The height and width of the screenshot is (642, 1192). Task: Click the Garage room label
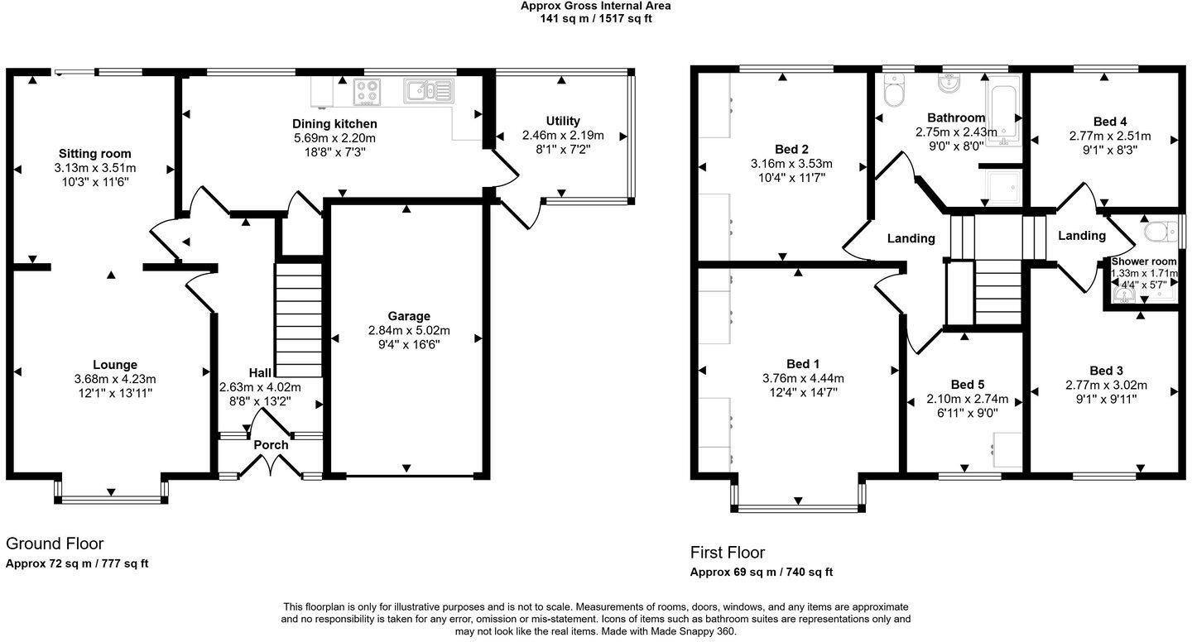click(x=409, y=316)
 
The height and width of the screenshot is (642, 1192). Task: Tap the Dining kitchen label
click(x=334, y=124)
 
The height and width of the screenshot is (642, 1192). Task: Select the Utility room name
click(x=563, y=122)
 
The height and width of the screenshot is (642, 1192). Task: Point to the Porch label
click(x=271, y=444)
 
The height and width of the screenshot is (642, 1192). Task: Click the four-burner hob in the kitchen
click(x=368, y=92)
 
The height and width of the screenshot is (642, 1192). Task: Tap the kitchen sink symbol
click(x=429, y=90)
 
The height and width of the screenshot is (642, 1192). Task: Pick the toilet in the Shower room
click(x=1161, y=232)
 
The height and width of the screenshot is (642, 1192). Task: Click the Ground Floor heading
click(x=55, y=544)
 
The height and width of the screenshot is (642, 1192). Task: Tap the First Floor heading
click(x=728, y=553)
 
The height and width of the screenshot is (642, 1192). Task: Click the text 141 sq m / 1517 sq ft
click(x=596, y=19)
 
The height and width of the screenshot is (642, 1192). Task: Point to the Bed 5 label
click(x=968, y=385)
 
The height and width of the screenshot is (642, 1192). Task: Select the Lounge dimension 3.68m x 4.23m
click(x=115, y=379)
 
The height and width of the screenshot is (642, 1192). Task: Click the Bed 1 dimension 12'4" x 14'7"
click(x=803, y=392)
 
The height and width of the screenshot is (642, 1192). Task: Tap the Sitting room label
click(x=94, y=154)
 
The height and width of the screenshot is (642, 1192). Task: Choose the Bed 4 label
click(x=1110, y=122)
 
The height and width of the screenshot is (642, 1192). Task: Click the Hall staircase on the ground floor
click(x=299, y=320)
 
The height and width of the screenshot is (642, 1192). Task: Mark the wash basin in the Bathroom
click(x=950, y=84)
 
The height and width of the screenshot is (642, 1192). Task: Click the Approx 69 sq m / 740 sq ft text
click(x=762, y=573)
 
